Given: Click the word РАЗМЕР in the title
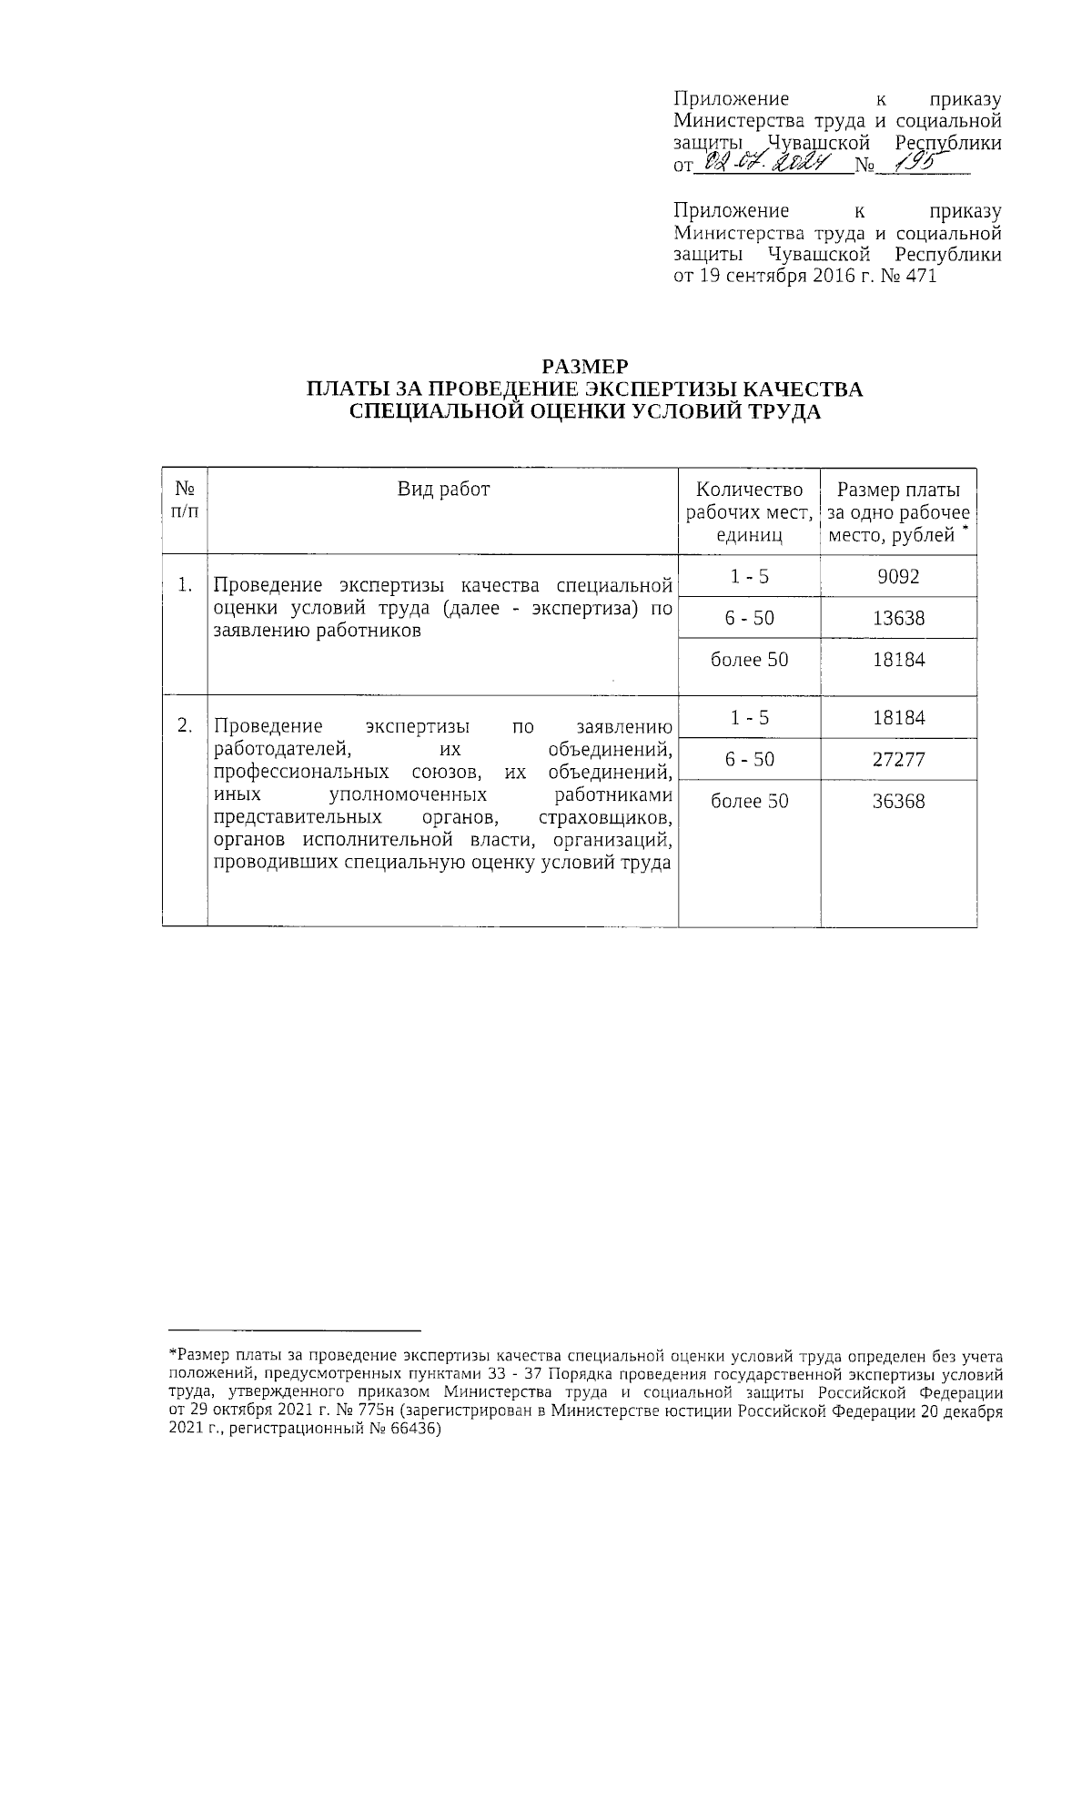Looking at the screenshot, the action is (x=585, y=367).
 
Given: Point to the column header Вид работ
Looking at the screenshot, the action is (x=443, y=490).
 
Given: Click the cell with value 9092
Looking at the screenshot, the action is (x=898, y=576).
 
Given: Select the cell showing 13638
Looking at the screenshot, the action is (x=898, y=618).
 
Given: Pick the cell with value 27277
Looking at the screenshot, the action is (x=898, y=759).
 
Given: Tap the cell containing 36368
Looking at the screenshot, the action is (x=898, y=801).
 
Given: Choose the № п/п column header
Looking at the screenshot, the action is (x=184, y=501).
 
